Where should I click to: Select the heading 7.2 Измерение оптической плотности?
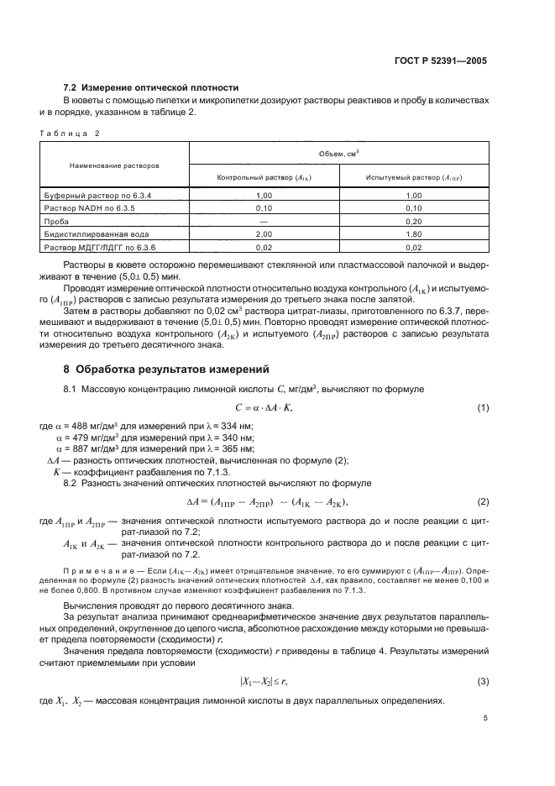click(x=151, y=88)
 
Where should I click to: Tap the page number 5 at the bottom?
click(x=484, y=719)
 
